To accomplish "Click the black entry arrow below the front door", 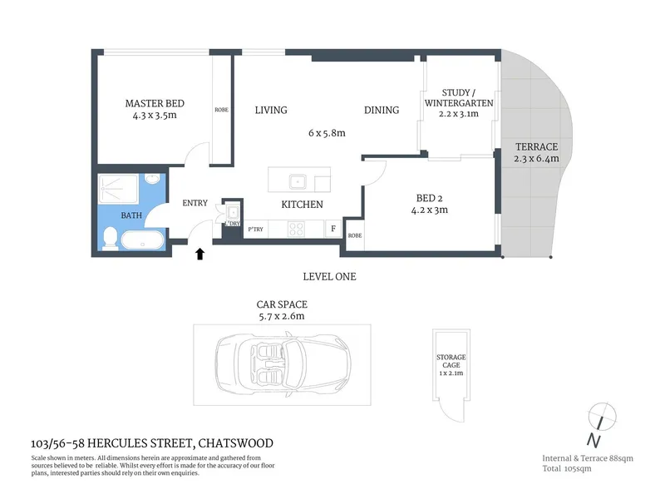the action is click(x=199, y=254).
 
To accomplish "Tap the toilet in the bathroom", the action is click(x=110, y=238).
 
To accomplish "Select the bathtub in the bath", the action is click(x=142, y=240).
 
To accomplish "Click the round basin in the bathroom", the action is click(x=151, y=179).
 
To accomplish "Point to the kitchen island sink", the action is click(x=298, y=182).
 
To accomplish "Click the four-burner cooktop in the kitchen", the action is click(x=296, y=230).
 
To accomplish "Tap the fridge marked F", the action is click(x=333, y=229).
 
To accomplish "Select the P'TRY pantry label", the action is click(x=256, y=230).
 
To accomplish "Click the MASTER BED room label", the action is click(x=155, y=103).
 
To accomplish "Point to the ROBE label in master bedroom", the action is click(x=221, y=110).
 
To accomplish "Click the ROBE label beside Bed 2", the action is click(x=355, y=235).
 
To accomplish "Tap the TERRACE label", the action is click(x=536, y=147).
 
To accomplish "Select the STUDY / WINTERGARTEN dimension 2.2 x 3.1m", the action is click(x=459, y=114).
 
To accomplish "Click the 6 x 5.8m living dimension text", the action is click(x=327, y=133).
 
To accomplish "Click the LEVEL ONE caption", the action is click(x=329, y=277).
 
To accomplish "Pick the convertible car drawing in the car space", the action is click(x=283, y=365).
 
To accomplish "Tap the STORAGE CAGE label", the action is click(x=451, y=361).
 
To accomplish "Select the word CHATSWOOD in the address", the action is click(x=236, y=443).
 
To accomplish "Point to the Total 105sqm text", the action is click(x=567, y=468).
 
